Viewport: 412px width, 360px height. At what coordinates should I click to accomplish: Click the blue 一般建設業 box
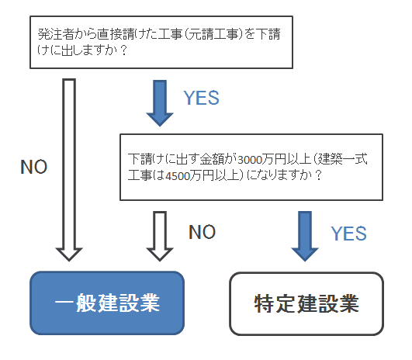pos(107,303)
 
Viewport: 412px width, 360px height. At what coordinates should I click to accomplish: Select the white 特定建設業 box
pos(306,304)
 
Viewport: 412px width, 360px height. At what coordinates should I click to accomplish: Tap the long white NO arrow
pos(69,170)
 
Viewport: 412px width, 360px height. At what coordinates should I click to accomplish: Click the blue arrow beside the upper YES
pos(160,103)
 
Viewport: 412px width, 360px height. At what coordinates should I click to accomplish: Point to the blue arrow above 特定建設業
pos(305,236)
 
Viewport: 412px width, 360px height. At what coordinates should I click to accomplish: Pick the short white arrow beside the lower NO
pos(160,236)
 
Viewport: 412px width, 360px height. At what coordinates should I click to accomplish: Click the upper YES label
pos(201,98)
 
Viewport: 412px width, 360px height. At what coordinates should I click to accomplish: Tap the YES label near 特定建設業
pos(348,234)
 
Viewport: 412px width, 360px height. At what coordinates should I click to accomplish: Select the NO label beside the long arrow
pos(34,167)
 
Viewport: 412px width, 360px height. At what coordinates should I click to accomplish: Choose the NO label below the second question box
pos(202,232)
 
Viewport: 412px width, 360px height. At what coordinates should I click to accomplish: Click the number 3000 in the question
pos(250,160)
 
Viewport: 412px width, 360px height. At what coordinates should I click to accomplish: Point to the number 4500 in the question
pos(178,176)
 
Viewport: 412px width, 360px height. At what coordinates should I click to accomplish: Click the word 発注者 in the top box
pos(55,34)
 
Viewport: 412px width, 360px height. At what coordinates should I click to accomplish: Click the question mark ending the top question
pos(123,50)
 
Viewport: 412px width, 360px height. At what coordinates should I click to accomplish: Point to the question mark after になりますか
pos(318,175)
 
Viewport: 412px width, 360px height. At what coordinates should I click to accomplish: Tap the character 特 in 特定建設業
pos(264,303)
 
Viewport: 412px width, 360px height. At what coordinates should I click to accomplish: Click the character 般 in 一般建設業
pos(86,303)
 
